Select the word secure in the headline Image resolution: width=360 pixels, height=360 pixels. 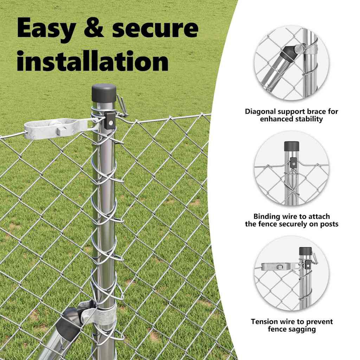[x=155, y=28]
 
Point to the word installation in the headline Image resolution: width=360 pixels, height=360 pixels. [x=93, y=60]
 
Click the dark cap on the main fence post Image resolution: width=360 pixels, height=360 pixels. [x=104, y=93]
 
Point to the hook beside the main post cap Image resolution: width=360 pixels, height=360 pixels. [x=122, y=105]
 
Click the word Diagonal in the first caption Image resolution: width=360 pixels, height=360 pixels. [x=260, y=111]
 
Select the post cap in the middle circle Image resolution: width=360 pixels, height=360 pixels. [x=291, y=146]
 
